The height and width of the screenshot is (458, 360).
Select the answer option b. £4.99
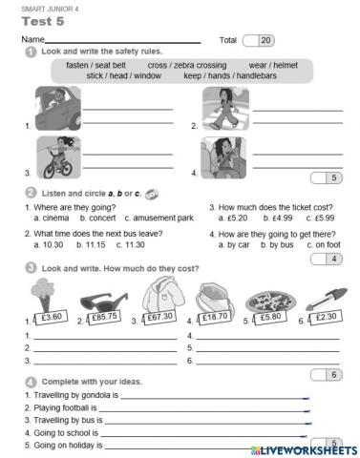coord(263,218)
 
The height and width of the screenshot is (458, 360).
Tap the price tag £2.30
coord(325,317)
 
